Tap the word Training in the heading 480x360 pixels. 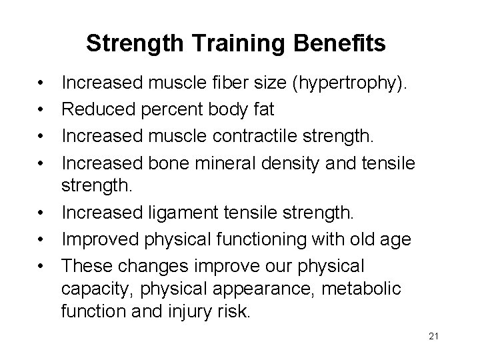(x=225, y=44)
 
